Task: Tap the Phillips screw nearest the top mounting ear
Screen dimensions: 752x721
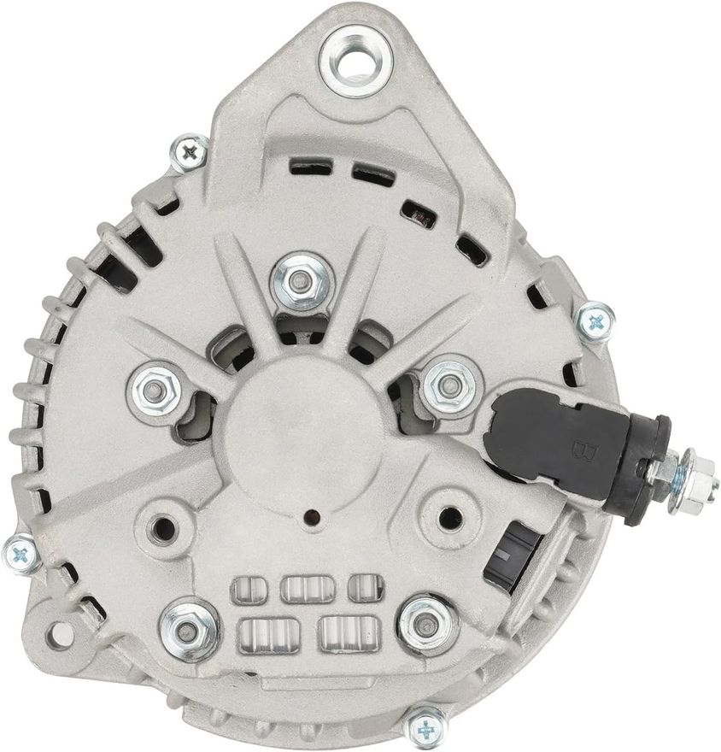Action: point(189,153)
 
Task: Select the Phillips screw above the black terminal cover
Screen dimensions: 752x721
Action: point(595,322)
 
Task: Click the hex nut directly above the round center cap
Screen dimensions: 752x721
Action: point(301,281)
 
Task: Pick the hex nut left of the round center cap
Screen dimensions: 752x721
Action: point(155,391)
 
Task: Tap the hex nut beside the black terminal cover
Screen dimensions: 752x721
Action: point(448,386)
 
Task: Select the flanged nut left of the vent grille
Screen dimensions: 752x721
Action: point(189,632)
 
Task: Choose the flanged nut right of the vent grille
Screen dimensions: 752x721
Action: point(427,625)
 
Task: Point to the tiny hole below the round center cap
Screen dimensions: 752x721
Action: point(314,517)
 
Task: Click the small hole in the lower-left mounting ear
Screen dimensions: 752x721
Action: point(59,634)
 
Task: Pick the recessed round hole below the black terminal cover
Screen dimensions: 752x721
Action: point(448,516)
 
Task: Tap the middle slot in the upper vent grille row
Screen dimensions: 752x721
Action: point(307,589)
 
